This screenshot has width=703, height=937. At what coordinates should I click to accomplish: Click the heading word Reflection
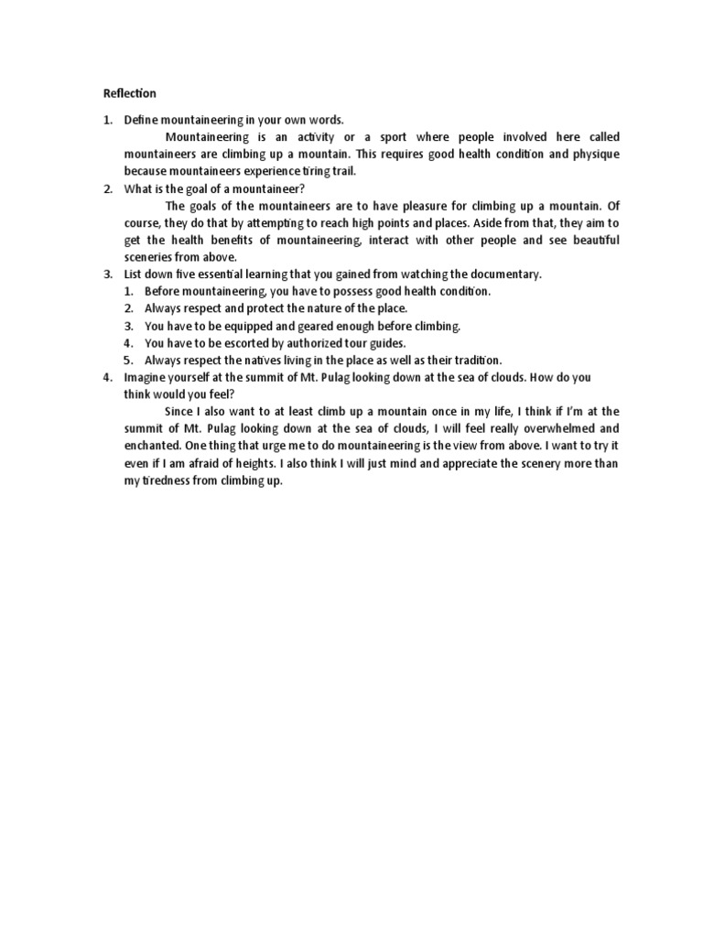pyautogui.click(x=129, y=93)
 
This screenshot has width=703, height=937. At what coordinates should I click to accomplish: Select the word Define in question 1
pyautogui.click(x=141, y=120)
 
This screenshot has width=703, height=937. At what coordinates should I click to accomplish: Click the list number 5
pyautogui.click(x=129, y=360)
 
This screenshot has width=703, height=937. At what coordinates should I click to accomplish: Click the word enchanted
pyautogui.click(x=152, y=446)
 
